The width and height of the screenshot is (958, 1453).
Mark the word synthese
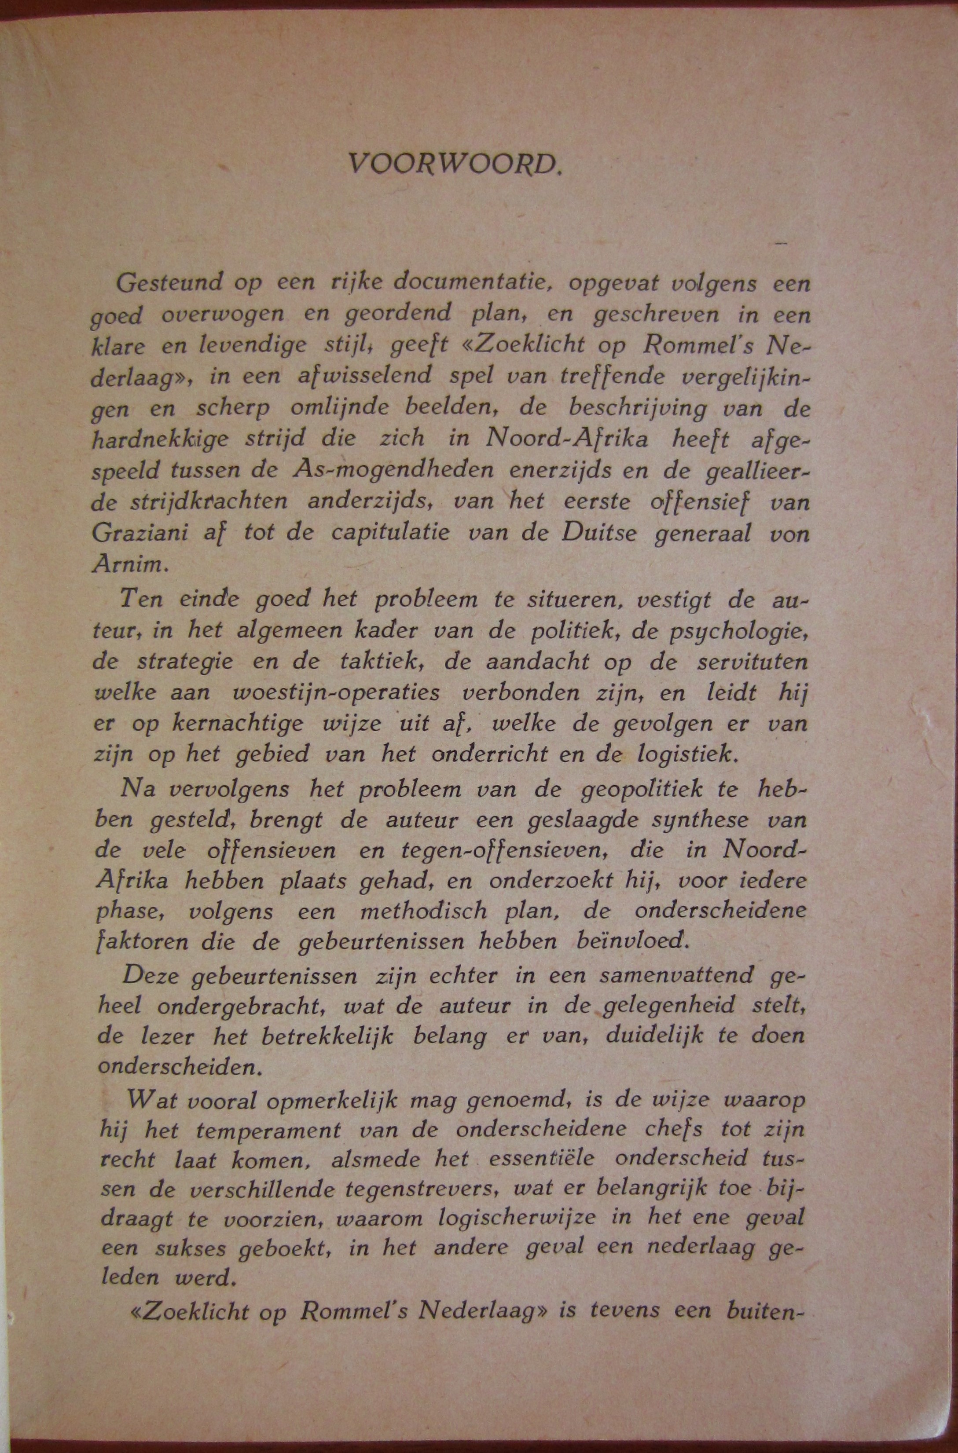(689, 820)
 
